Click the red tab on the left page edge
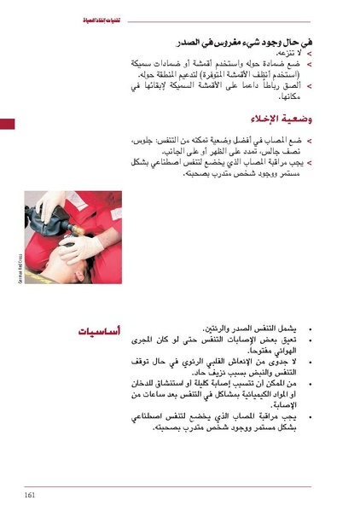point(7,125)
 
